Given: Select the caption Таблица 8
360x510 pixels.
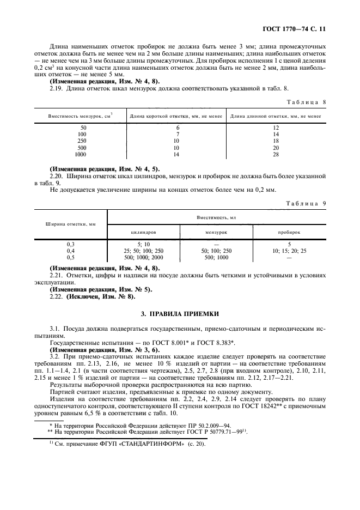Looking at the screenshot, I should [307, 102].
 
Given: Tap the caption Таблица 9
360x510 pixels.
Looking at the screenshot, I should [307, 203].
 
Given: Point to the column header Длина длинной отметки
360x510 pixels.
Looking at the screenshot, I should [275, 116].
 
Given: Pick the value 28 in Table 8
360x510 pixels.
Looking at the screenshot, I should [276, 155].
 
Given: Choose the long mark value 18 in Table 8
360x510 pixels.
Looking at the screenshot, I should [276, 141].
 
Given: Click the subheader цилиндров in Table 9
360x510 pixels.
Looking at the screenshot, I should [143, 232].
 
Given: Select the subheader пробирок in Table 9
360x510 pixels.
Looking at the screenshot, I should [289, 232].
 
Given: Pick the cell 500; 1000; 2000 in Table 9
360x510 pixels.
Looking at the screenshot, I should [143, 257].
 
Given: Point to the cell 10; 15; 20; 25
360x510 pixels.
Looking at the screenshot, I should [289, 250].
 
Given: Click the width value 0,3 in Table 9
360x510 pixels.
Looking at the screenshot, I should [70, 244].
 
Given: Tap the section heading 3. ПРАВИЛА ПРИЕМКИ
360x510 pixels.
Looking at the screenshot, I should [180, 314].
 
